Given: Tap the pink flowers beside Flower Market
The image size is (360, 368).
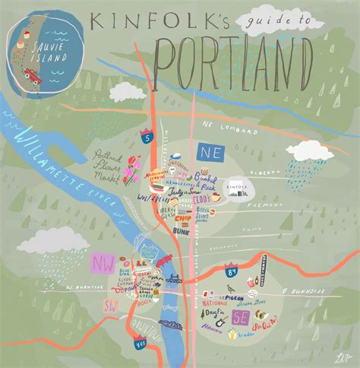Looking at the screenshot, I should [134, 168].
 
